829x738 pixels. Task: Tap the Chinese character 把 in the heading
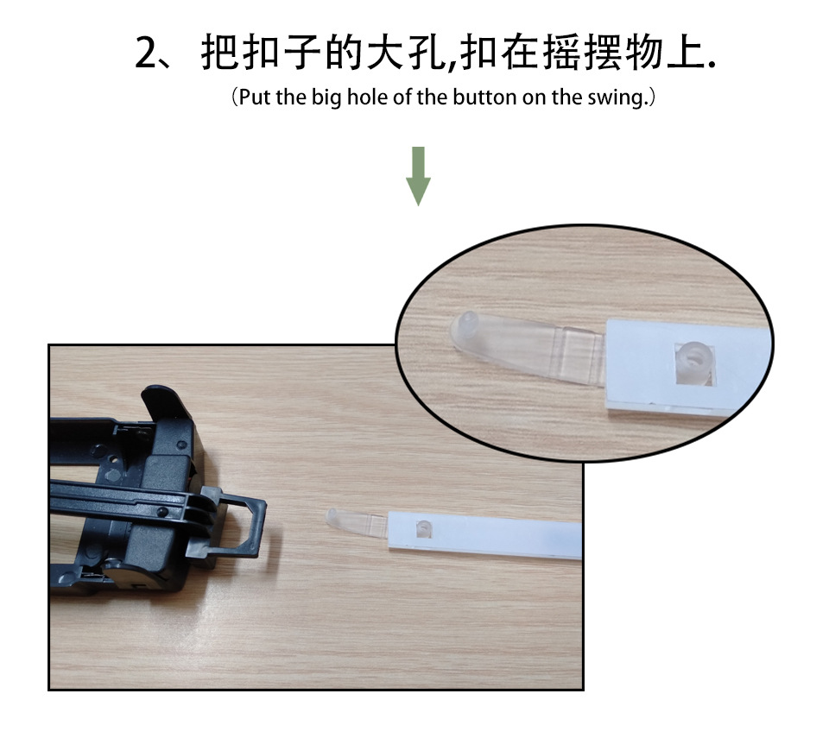[x=219, y=53]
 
